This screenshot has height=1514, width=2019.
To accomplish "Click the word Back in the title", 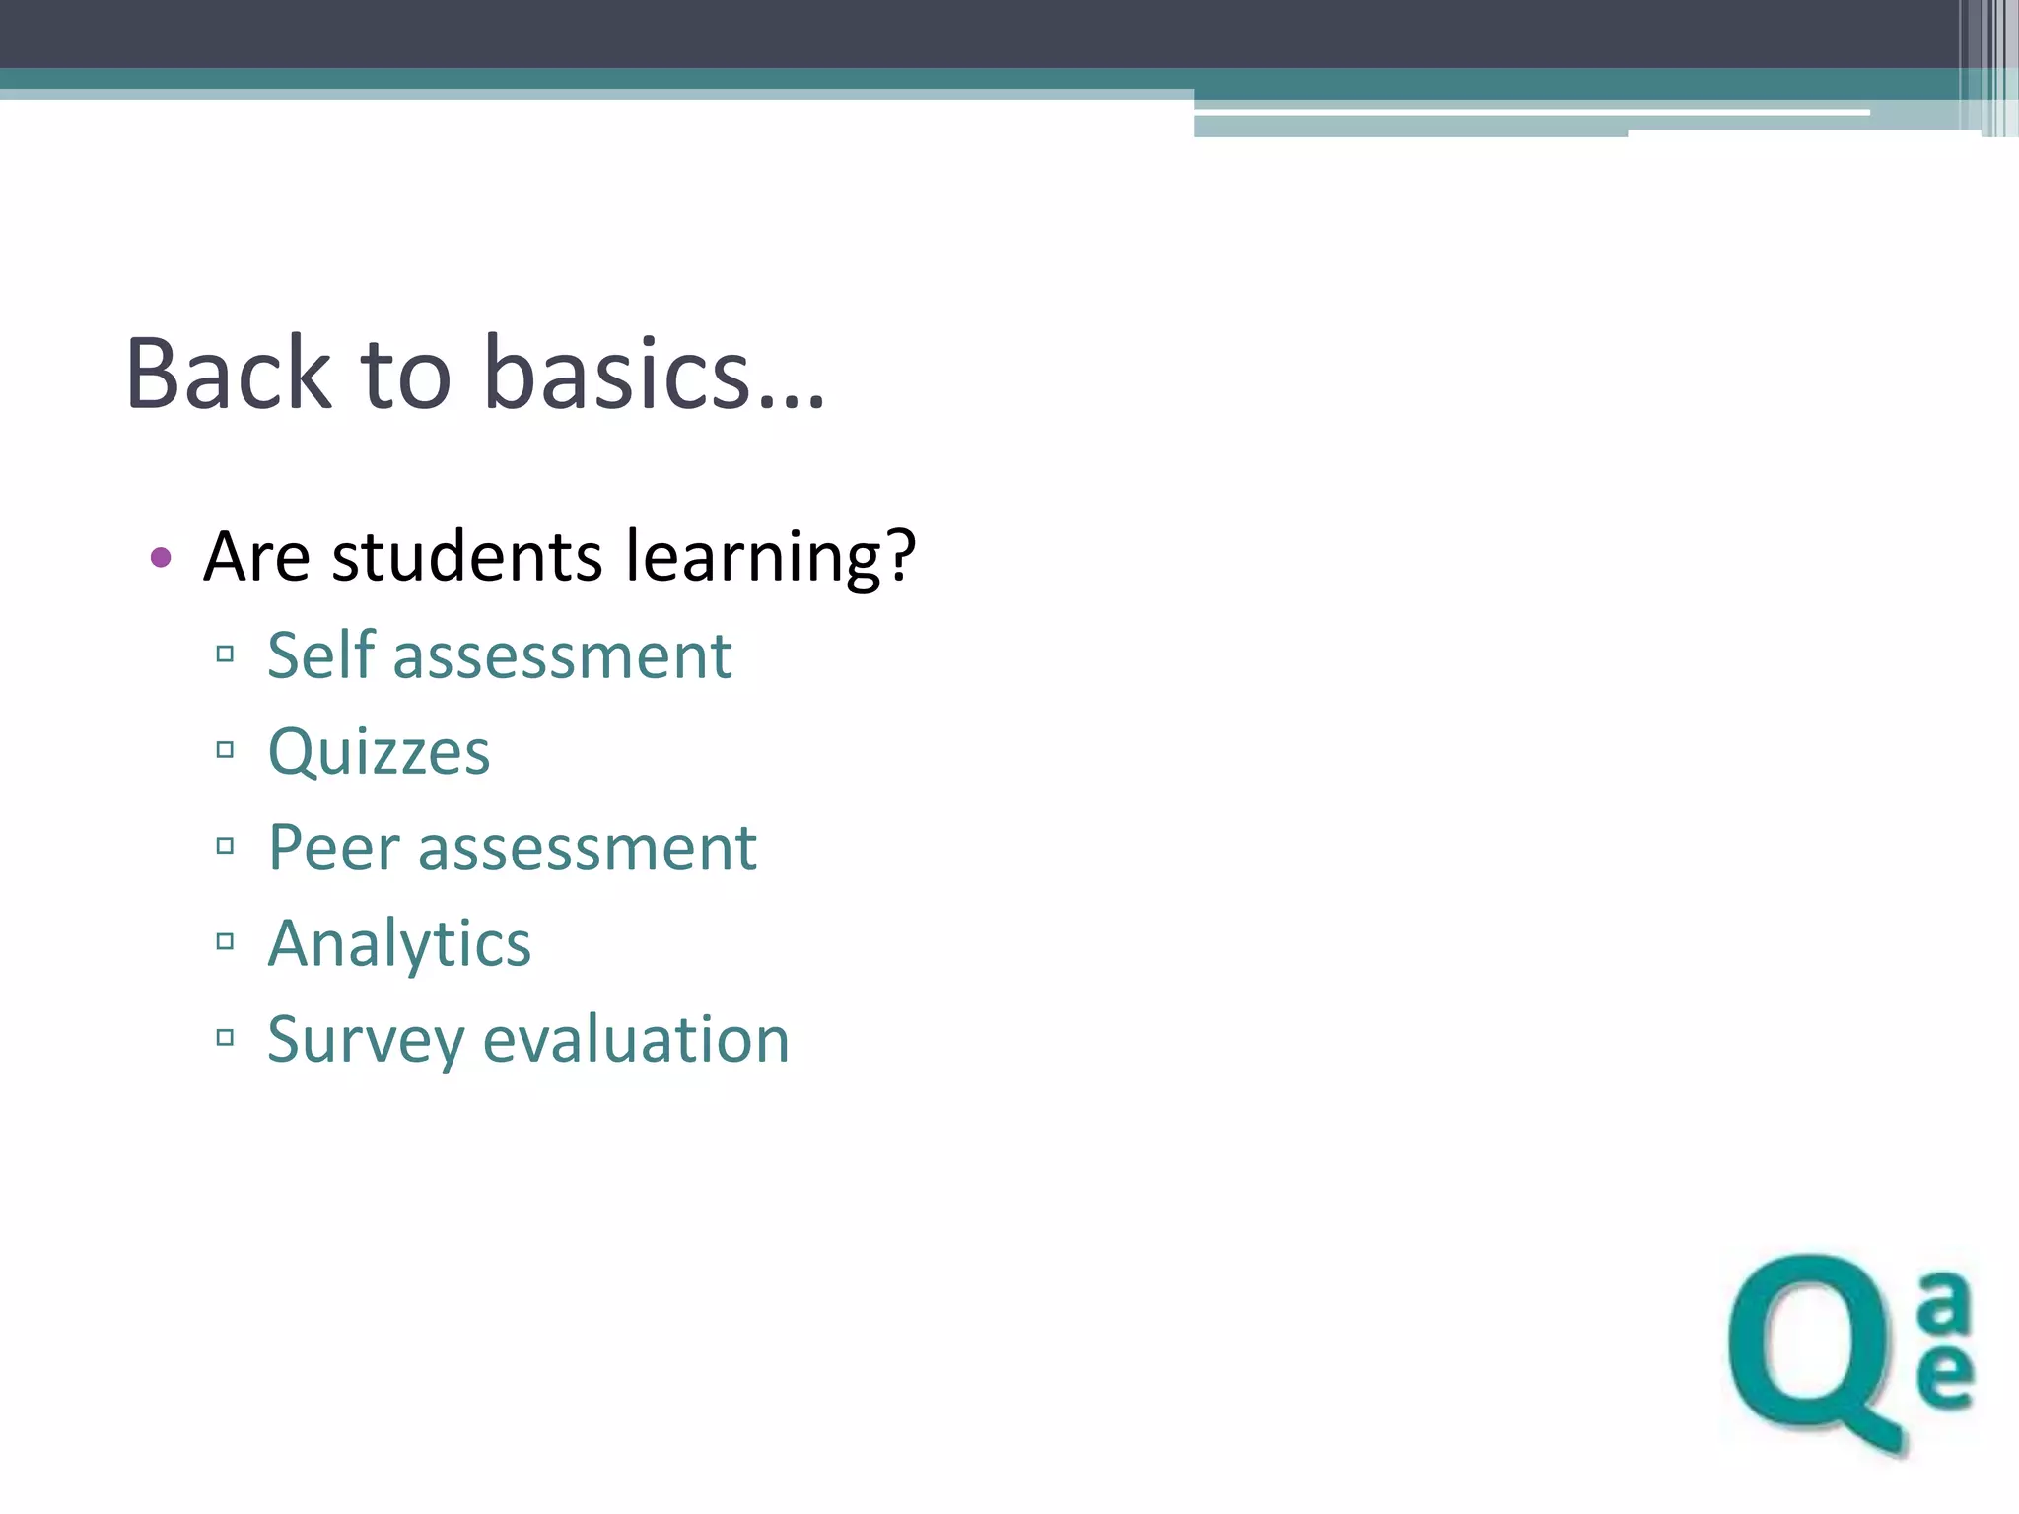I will (229, 375).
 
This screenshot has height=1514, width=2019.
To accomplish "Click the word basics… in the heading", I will (654, 375).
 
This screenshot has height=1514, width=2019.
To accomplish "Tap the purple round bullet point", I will (161, 558).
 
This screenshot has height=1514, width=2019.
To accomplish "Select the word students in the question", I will (466, 558).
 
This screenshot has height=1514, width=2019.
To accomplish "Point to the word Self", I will (321, 655).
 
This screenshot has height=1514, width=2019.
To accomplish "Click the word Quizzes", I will (379, 753).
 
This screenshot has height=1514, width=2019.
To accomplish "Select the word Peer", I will (334, 848).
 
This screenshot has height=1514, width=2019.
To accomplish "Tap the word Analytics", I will (399, 944).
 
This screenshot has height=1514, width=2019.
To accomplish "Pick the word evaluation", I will (636, 1040).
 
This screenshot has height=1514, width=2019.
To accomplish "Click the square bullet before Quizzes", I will (225, 750).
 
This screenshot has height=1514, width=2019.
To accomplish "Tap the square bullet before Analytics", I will (225, 941).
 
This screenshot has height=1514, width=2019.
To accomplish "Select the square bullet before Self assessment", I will (225, 654).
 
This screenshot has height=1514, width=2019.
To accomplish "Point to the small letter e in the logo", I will (1945, 1374).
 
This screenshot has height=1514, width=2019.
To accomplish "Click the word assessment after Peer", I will (587, 849).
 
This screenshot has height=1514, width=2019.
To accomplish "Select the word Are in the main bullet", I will (256, 558).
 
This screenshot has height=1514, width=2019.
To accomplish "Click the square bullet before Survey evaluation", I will (225, 1037).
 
